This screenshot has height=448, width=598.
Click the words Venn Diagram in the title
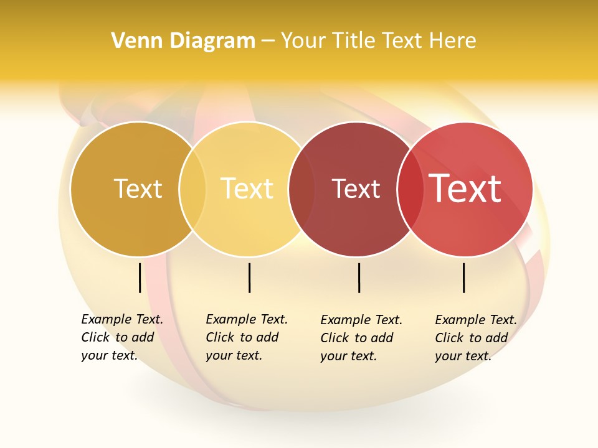183,41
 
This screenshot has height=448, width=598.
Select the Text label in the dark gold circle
138,189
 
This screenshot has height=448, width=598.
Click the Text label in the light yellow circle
247,189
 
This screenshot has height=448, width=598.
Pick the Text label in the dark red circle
356,189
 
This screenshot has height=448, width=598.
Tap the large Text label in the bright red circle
465,189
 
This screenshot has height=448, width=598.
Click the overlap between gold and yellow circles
192,189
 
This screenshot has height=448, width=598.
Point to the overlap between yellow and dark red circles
301,189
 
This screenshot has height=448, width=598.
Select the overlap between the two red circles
409,189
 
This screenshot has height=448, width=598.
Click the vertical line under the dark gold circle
140,278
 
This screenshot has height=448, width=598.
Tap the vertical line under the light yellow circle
249,278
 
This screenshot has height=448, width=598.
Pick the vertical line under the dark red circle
359,278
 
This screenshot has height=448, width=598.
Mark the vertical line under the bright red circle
463,278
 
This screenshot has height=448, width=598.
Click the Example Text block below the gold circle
121,337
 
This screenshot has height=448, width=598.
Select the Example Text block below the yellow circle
246,337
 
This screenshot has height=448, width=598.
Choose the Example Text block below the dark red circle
361,338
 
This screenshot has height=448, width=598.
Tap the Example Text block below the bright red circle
475,338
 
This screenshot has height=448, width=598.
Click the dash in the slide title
268,42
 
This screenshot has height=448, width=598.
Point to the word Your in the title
303,41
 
